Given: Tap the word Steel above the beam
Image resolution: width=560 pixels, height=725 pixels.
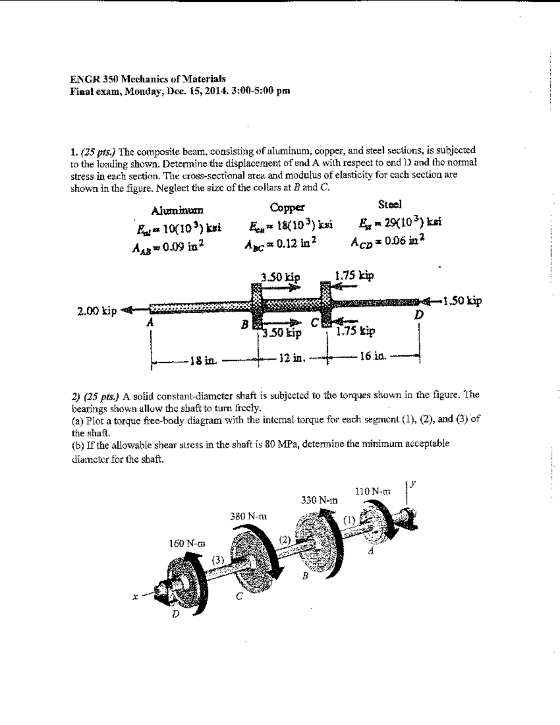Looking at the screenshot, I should tap(390, 204).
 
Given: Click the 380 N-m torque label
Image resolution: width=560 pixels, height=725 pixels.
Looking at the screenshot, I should tap(249, 517).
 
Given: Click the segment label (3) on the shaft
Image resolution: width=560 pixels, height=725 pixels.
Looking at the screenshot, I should tap(218, 559).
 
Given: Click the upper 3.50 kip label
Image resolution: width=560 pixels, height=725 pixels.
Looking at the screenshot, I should tap(280, 276).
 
